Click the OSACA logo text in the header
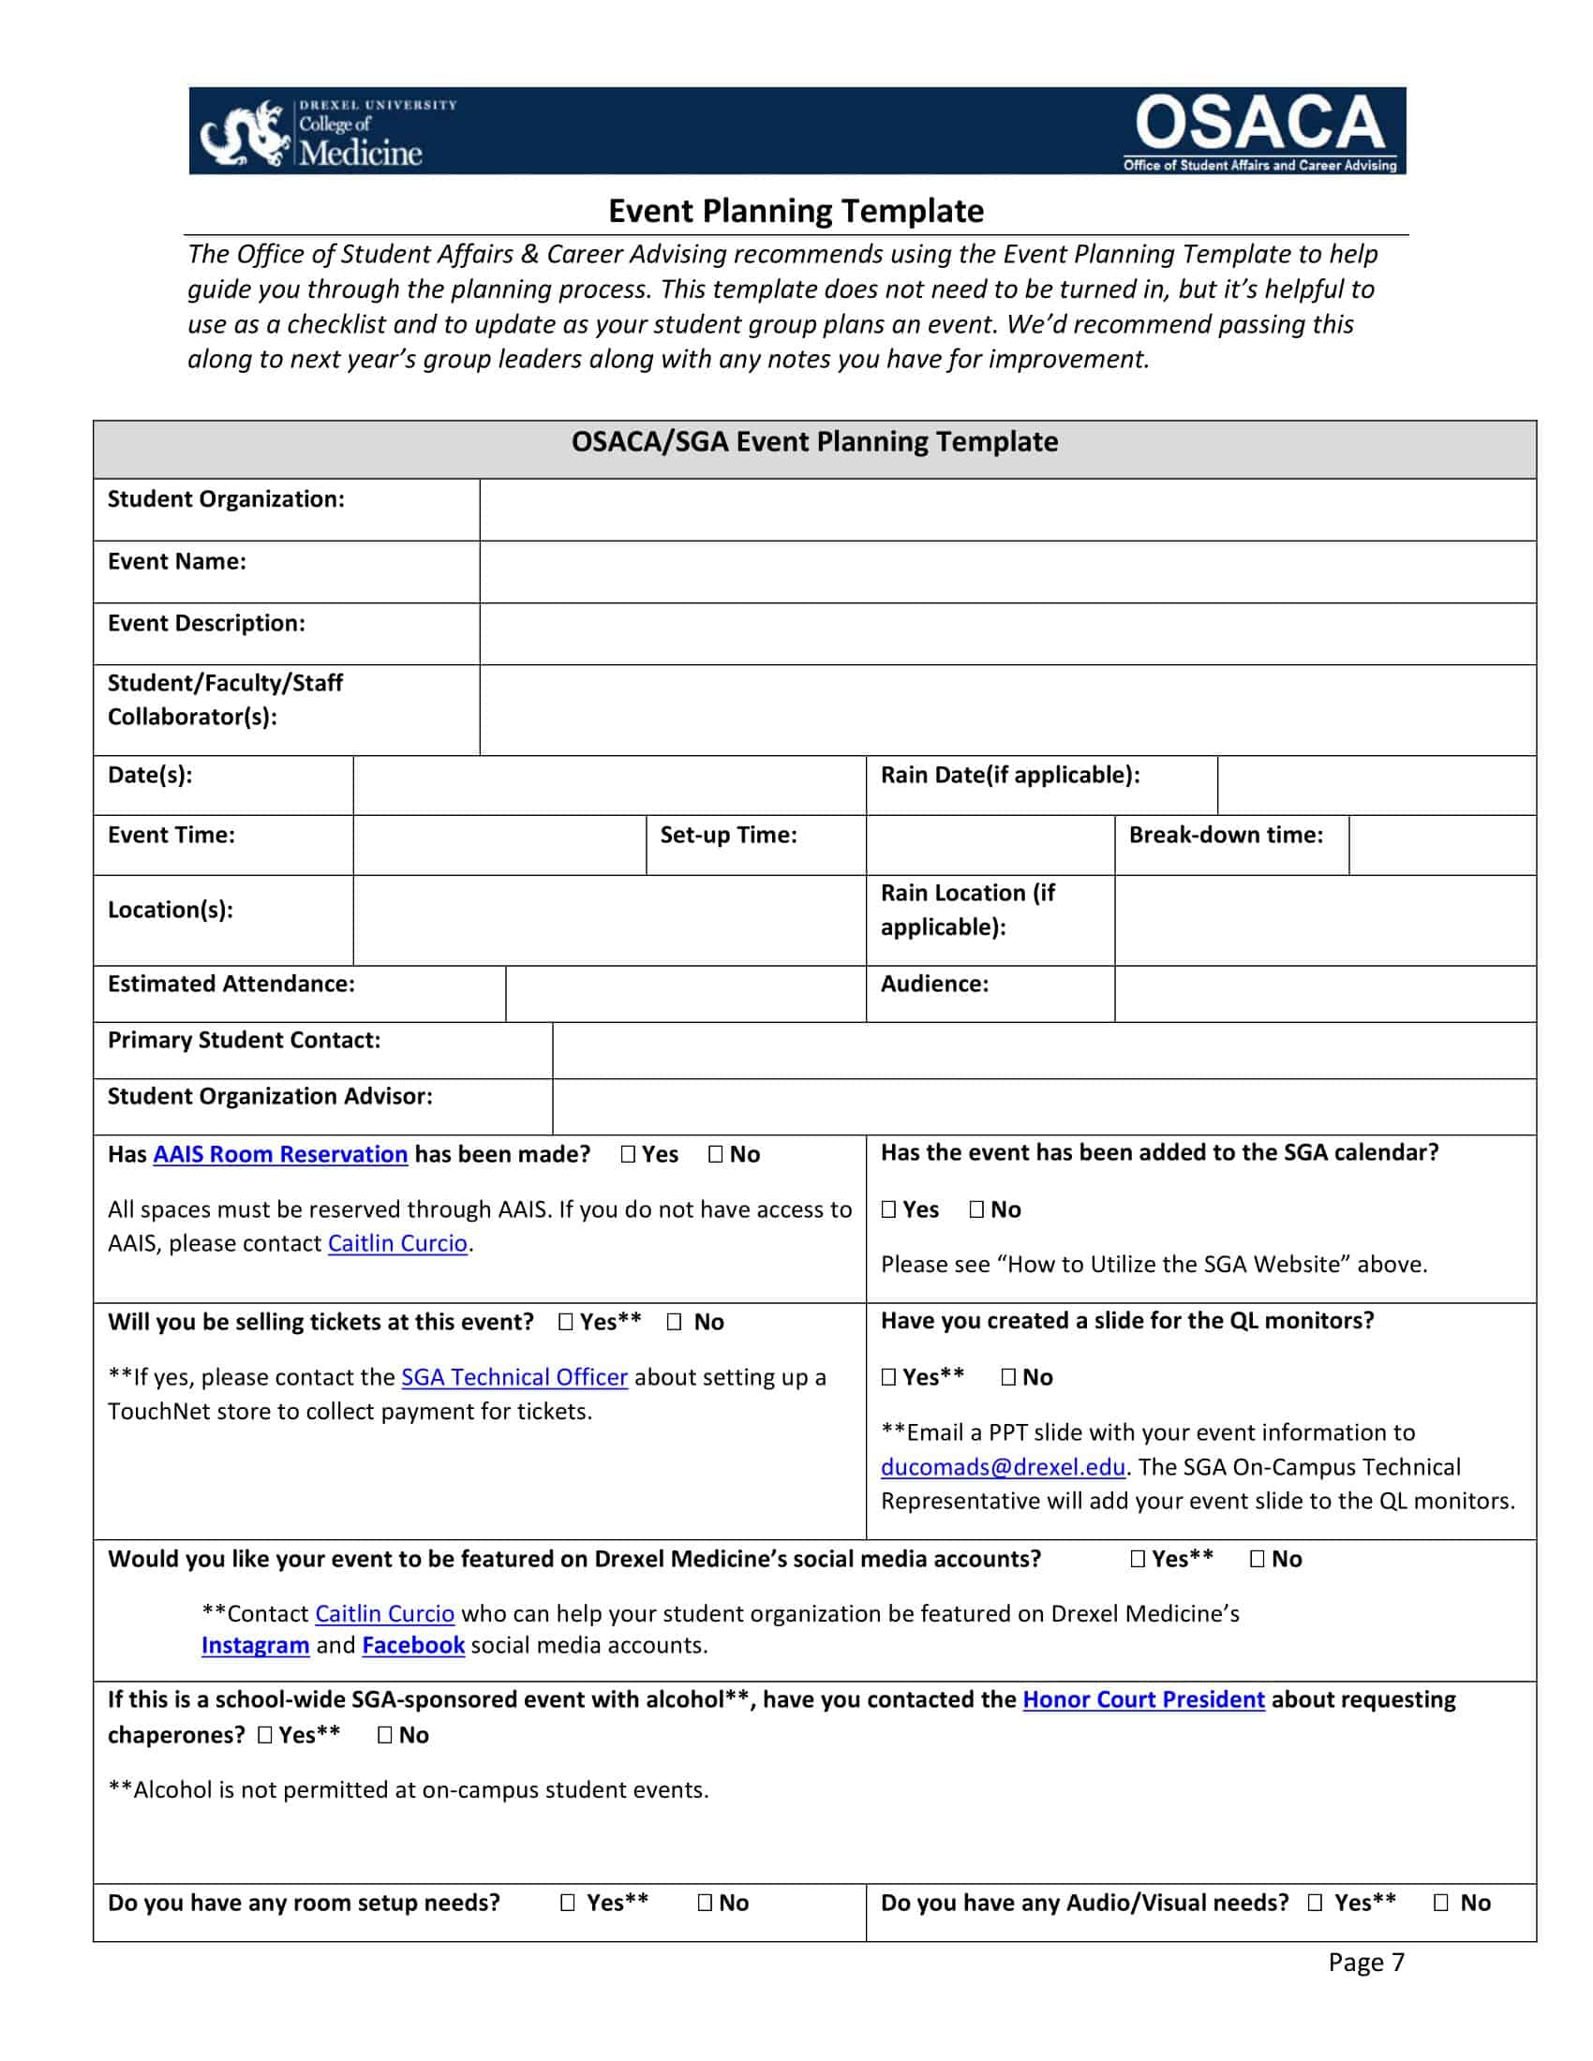pyautogui.click(x=1258, y=123)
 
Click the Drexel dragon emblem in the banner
pyautogui.click(x=245, y=135)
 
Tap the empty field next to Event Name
pyautogui.click(x=1007, y=571)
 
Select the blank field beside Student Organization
pyautogui.click(x=1007, y=510)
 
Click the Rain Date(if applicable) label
pyautogui.click(x=1010, y=775)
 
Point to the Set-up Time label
pyautogui.click(x=727, y=834)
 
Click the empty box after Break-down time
pyautogui.click(x=1441, y=845)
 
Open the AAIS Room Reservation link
pyautogui.click(x=280, y=1154)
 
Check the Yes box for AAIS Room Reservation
pyautogui.click(x=629, y=1154)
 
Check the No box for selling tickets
pyautogui.click(x=674, y=1322)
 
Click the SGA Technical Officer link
pyautogui.click(x=514, y=1377)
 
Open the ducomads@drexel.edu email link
pyautogui.click(x=1003, y=1466)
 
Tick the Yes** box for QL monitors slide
pyautogui.click(x=889, y=1377)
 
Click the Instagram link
pyautogui.click(x=255, y=1645)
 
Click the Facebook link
pyautogui.click(x=413, y=1645)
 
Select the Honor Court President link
pyautogui.click(x=1143, y=1699)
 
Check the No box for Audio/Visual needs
pyautogui.click(x=1441, y=1903)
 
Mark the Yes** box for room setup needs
pyautogui.click(x=567, y=1903)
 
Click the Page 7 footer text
pyautogui.click(x=1365, y=1962)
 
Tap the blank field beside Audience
pyautogui.click(x=1324, y=994)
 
